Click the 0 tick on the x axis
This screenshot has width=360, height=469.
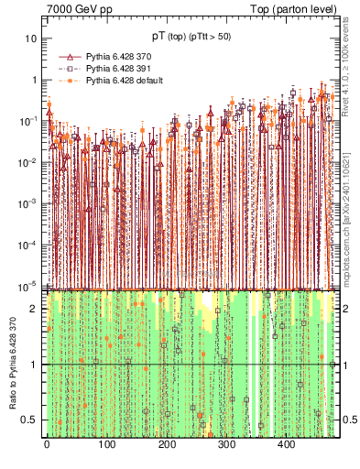[46, 444]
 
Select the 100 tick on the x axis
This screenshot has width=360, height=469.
[106, 444]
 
